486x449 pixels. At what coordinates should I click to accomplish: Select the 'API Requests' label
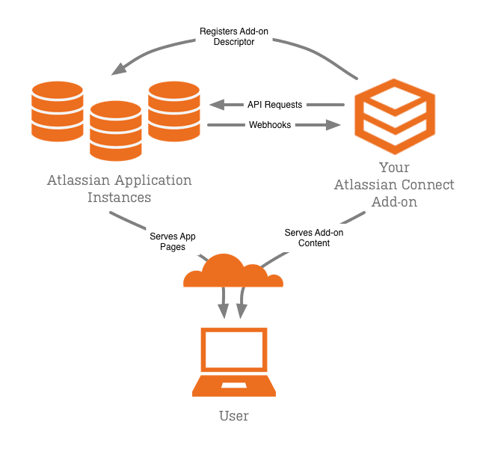[274, 105]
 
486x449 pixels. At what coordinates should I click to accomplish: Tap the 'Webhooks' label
[270, 125]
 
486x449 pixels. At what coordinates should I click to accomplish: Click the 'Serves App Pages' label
[173, 241]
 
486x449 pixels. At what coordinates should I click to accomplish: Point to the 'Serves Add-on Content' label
[314, 238]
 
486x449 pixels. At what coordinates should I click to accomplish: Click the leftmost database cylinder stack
[57, 112]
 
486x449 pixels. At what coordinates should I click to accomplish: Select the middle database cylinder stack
[116, 131]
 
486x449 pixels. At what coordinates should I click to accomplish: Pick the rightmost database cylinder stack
[173, 112]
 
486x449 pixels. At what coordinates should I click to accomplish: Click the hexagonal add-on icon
[395, 114]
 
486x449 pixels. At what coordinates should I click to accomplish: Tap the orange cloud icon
[233, 273]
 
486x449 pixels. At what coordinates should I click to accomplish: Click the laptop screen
[235, 350]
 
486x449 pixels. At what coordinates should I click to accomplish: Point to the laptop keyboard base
[235, 387]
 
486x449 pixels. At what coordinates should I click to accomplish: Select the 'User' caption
[234, 416]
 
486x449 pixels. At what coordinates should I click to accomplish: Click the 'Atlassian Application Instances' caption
[119, 189]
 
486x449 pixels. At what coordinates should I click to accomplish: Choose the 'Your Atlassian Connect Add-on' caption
[394, 185]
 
